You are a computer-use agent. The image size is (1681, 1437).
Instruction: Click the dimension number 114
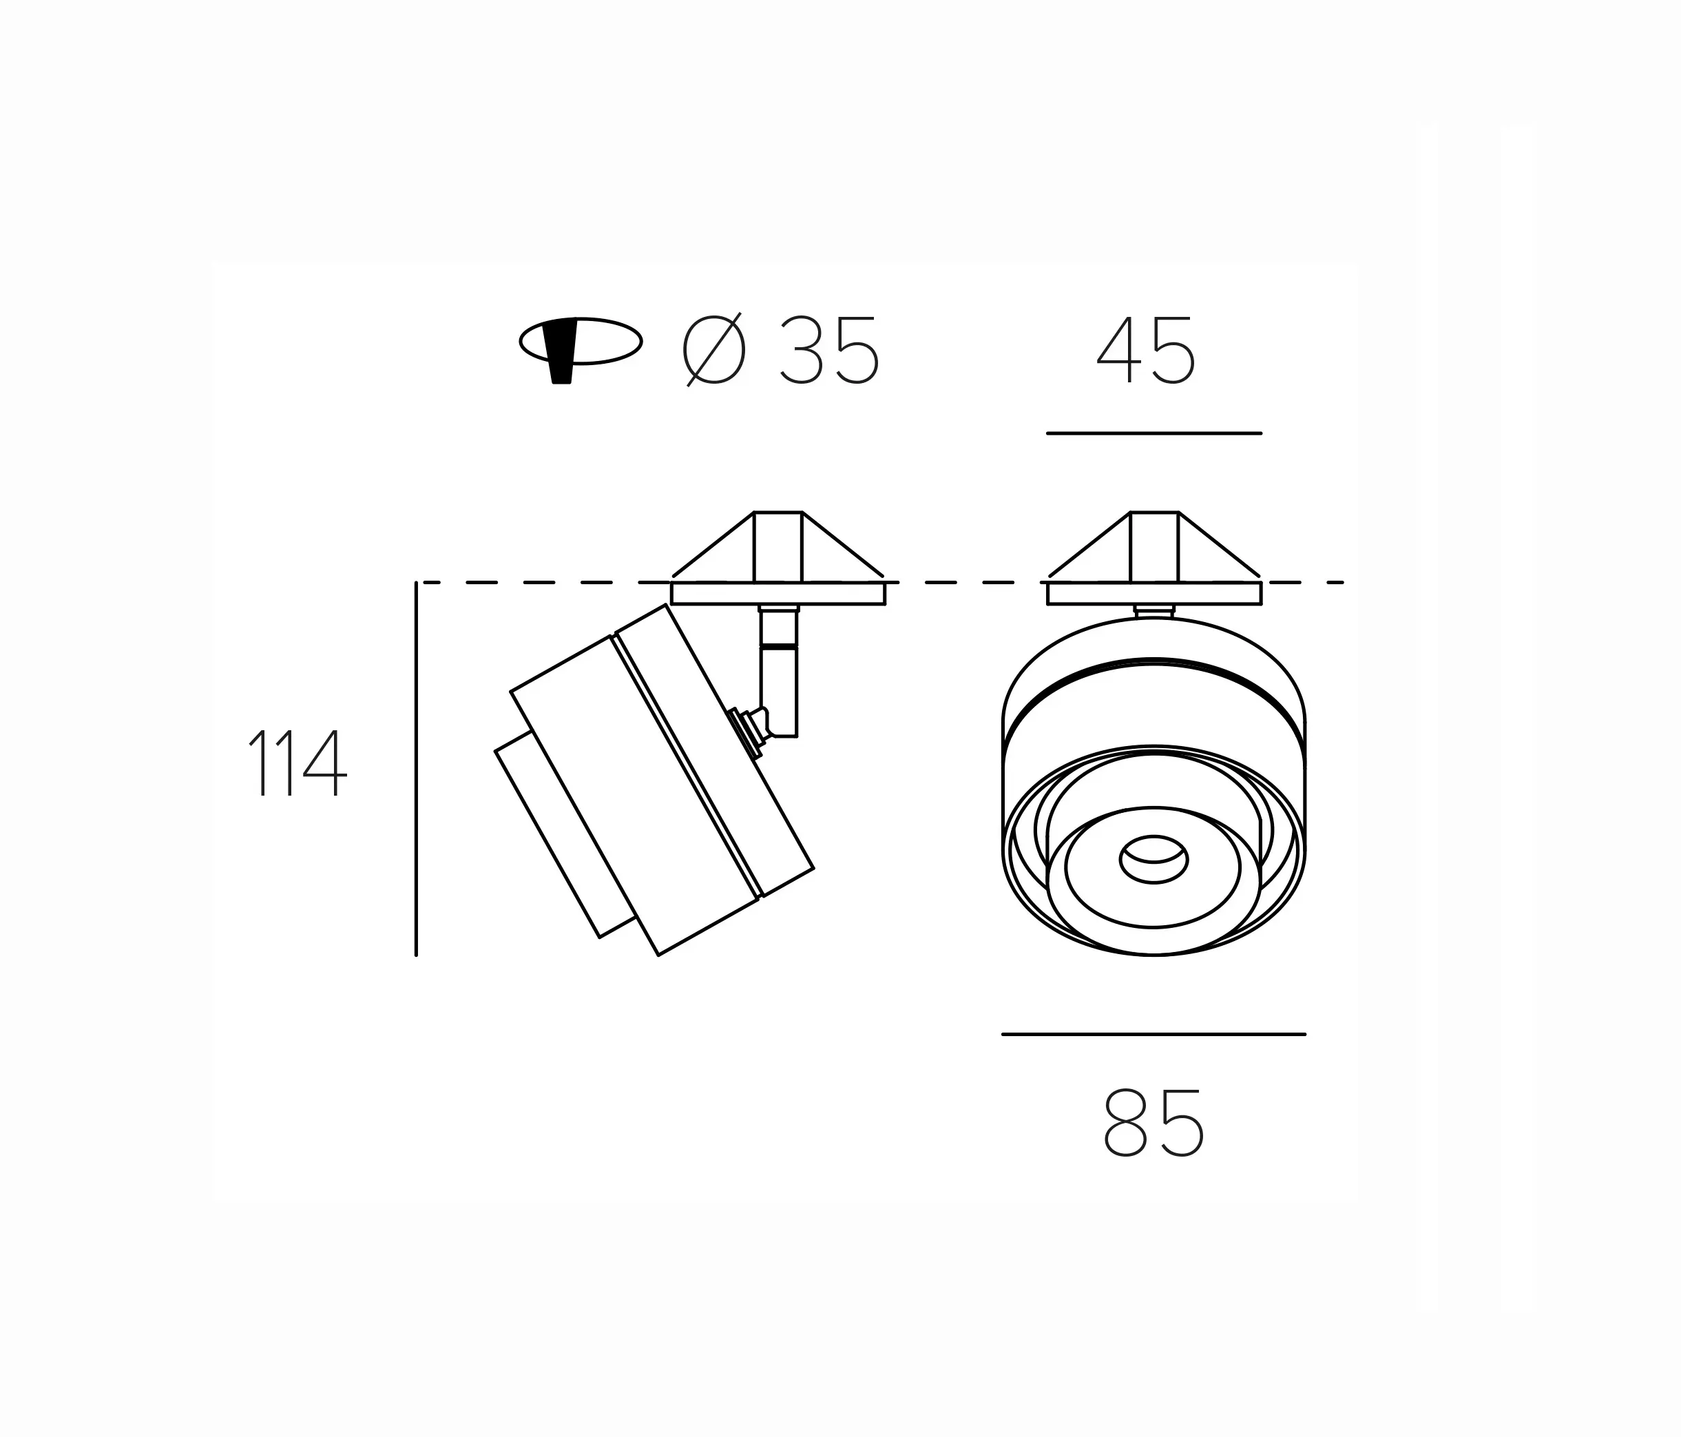coord(297,763)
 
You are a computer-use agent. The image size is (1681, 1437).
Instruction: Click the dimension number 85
coord(1153,1124)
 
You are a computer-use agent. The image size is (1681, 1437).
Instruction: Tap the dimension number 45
coord(1145,351)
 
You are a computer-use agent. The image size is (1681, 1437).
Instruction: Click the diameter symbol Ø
coord(714,351)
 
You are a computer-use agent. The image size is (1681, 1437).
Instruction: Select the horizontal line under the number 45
coord(1153,433)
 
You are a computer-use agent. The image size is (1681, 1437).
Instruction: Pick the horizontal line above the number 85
coord(1153,1034)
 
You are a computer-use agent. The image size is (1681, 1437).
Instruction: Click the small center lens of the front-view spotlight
coord(1153,858)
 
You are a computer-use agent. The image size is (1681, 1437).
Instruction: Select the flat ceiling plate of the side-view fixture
coord(778,593)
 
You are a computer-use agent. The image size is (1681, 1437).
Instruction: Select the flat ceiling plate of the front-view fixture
coord(1153,593)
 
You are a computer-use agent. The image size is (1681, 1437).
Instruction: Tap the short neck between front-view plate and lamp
coord(1153,611)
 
